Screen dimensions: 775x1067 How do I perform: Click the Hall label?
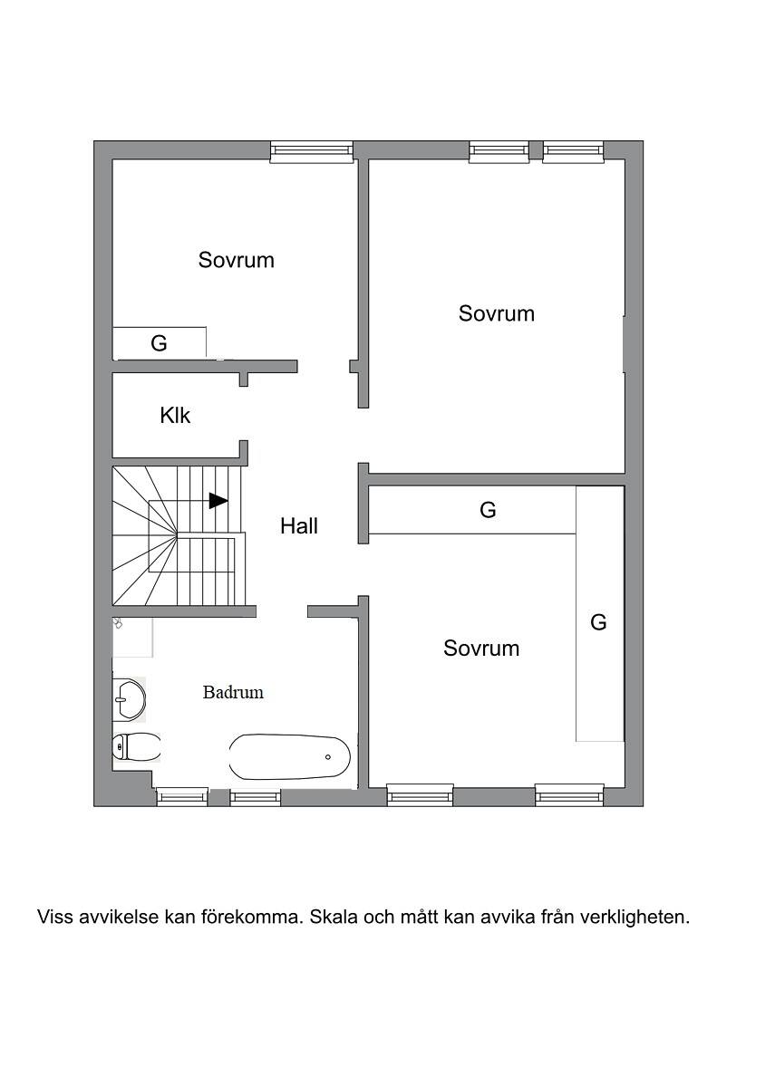299,526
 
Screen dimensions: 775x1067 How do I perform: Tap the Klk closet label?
175,415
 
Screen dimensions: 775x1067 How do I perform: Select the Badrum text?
233,693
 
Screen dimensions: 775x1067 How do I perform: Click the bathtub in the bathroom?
289,756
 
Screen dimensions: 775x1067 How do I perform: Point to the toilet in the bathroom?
136,747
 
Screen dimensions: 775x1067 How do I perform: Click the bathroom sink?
130,699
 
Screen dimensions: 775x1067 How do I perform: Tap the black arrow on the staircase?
218,501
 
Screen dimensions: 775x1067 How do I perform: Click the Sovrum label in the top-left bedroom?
237,260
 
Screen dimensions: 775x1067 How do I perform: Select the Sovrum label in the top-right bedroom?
497,313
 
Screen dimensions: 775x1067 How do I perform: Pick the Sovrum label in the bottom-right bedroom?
481,648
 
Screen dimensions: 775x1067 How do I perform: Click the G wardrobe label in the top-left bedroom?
159,343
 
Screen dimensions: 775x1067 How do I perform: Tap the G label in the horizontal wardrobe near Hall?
488,510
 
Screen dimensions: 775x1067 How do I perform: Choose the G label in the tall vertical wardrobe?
598,622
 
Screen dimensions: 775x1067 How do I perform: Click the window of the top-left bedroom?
312,152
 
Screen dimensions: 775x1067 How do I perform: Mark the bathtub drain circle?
328,756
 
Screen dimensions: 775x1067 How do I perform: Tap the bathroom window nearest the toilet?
182,797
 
